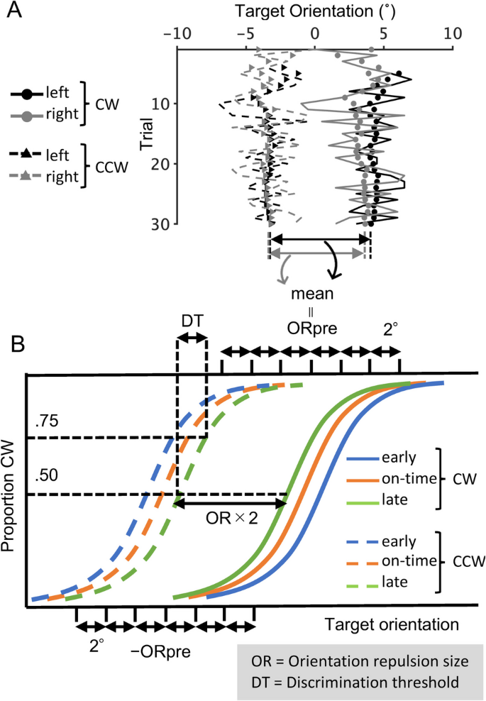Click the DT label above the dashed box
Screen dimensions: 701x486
coord(192,321)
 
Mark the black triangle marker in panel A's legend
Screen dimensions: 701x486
coord(26,153)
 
